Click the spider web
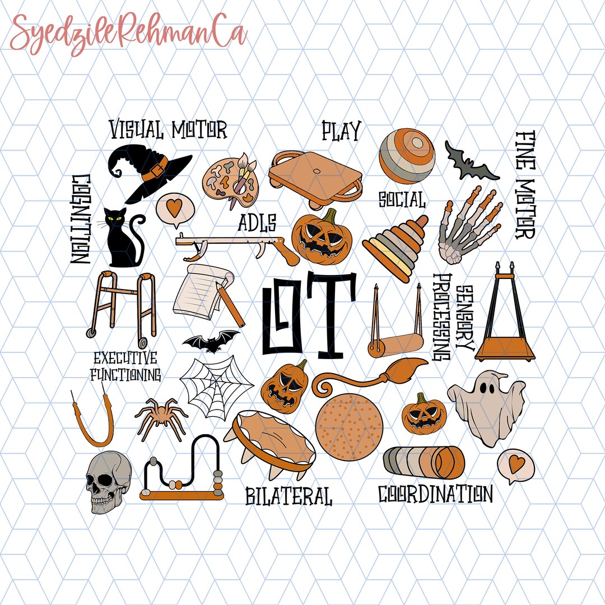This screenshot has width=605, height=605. [x=216, y=387]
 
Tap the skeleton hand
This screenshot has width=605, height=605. [x=468, y=227]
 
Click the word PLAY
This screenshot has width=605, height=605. [x=340, y=131]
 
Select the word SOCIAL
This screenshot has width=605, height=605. [x=401, y=199]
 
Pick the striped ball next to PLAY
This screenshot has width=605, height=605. [x=406, y=156]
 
